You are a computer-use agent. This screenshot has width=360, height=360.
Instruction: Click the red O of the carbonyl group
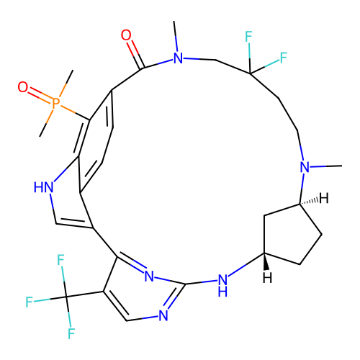(x=126, y=35)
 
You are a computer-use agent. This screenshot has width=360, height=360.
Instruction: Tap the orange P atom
(x=55, y=103)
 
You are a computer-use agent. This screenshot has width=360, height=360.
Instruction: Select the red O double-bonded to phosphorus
(x=23, y=87)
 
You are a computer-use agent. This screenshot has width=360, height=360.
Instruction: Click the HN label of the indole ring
(x=43, y=187)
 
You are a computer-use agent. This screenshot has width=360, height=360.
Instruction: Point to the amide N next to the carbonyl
(x=178, y=58)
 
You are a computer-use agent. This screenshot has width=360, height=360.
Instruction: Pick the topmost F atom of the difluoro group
(x=248, y=37)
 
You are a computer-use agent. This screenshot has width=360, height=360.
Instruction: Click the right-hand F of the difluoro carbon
(x=284, y=58)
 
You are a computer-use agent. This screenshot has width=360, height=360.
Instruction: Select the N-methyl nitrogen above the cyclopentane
(x=305, y=167)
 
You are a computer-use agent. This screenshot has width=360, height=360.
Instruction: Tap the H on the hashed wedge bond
(x=324, y=199)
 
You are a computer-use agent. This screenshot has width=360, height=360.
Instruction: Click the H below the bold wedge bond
(x=267, y=277)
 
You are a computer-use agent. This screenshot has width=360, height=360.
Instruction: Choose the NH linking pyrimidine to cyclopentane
(x=222, y=285)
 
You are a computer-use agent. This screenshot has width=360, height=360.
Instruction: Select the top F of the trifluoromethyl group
(x=60, y=260)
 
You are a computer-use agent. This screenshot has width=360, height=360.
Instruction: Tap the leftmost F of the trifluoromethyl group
(x=29, y=302)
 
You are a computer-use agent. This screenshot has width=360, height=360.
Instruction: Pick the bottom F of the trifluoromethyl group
(x=71, y=333)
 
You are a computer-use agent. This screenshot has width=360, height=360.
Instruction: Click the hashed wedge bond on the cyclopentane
(x=309, y=201)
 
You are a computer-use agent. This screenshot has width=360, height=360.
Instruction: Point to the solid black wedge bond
(x=266, y=261)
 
